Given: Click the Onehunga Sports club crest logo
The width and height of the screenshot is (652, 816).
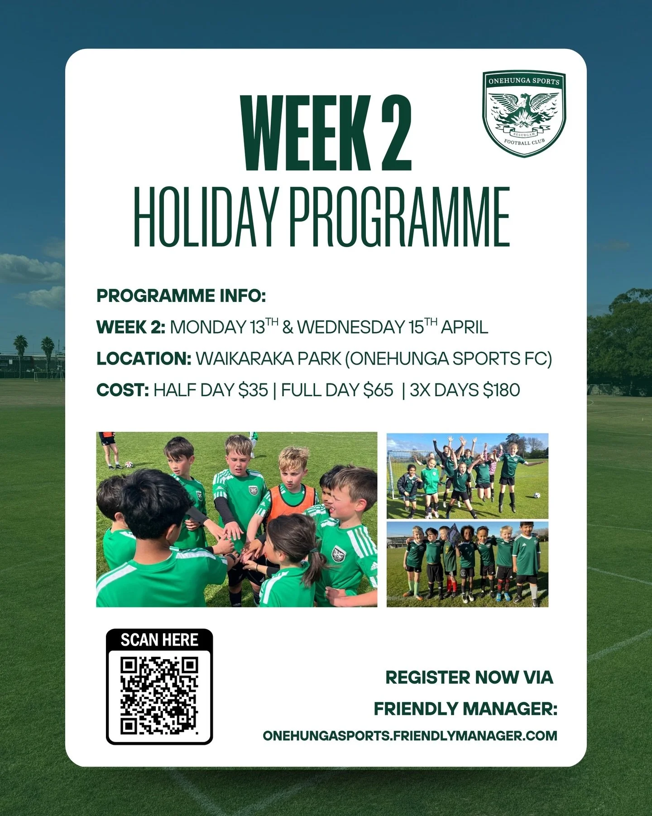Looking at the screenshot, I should (x=524, y=114).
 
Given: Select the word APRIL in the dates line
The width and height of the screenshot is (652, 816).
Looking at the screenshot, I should (x=465, y=327).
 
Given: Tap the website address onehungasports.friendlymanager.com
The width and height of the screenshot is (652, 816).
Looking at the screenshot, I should (x=410, y=735).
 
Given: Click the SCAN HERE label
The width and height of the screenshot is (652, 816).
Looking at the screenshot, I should (x=159, y=640).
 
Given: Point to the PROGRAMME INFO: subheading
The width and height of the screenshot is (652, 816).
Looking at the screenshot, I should (x=181, y=296).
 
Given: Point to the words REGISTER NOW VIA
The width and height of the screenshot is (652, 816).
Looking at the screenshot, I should (x=469, y=677).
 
